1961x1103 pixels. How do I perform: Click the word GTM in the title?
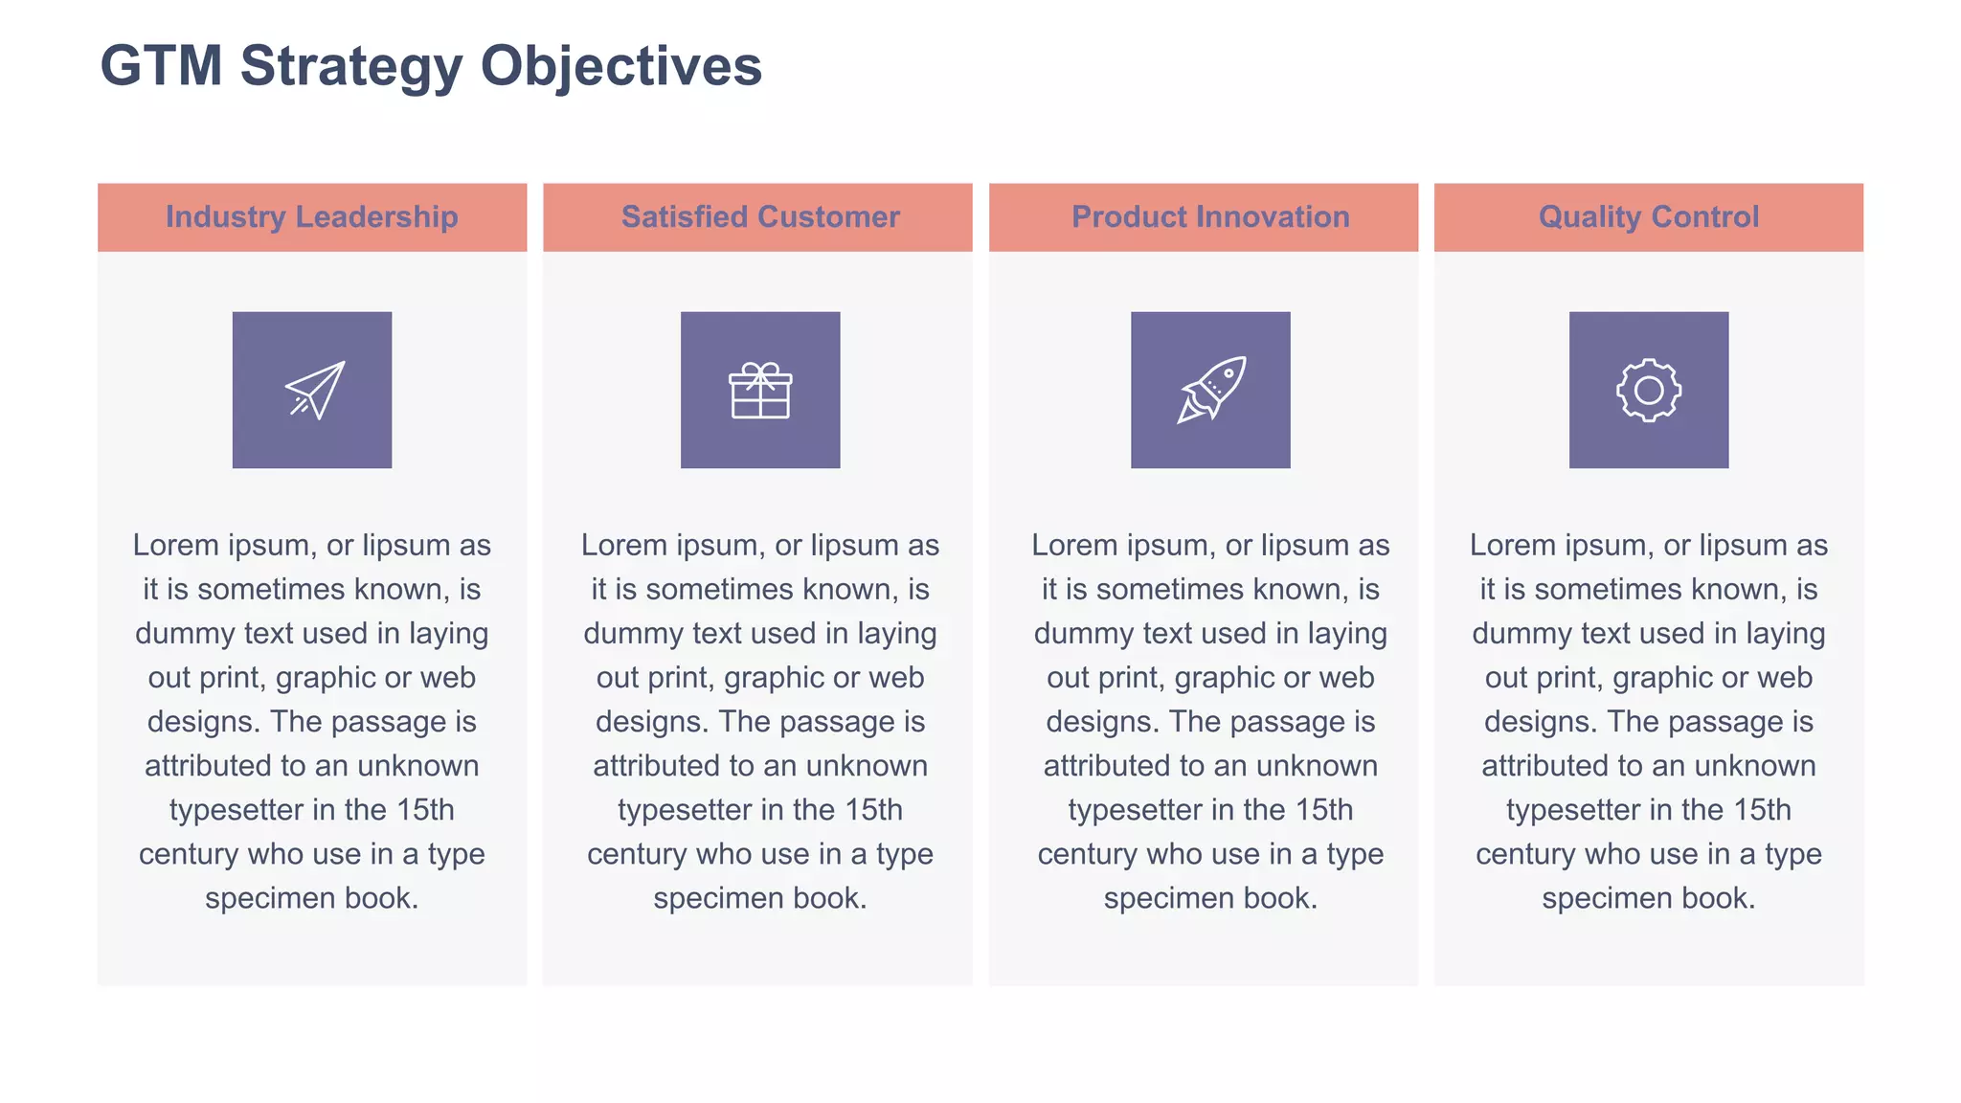click(161, 66)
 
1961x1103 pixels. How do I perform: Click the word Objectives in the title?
click(620, 66)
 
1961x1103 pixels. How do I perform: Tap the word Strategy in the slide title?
click(350, 66)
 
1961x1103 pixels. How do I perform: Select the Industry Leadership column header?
click(312, 217)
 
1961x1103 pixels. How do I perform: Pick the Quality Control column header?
click(1649, 217)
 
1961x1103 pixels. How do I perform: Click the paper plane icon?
click(313, 390)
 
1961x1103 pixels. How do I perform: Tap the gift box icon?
click(760, 390)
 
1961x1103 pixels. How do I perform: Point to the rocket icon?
click(1211, 390)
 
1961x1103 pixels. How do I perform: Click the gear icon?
click(1649, 390)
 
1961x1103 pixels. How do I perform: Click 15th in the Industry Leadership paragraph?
click(425, 810)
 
